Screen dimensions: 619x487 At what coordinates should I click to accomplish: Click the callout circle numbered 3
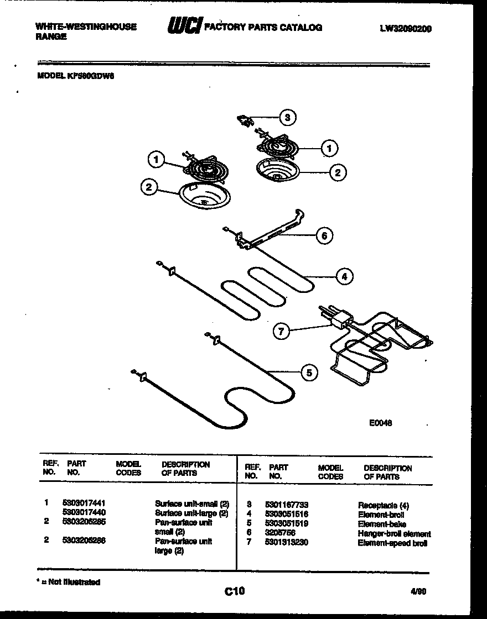pyautogui.click(x=286, y=117)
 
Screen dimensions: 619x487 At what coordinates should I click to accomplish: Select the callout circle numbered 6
pyautogui.click(x=324, y=235)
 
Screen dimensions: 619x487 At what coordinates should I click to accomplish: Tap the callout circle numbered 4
pyautogui.click(x=344, y=276)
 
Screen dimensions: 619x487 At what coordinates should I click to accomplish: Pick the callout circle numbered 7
pyautogui.click(x=281, y=332)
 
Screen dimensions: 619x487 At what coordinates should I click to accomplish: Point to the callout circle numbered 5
pyautogui.click(x=309, y=374)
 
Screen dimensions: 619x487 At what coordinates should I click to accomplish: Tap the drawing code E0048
pyautogui.click(x=381, y=423)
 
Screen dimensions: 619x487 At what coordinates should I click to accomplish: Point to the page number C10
pyautogui.click(x=235, y=591)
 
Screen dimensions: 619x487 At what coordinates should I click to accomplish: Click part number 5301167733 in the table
pyautogui.click(x=286, y=505)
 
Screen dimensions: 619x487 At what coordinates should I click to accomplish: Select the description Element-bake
pyautogui.click(x=382, y=524)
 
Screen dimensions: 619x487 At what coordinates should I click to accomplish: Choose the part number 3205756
pyautogui.click(x=280, y=533)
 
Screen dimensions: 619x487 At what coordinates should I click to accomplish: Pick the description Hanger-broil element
pyautogui.click(x=394, y=534)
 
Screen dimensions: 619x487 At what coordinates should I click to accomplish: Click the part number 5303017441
pyautogui.click(x=84, y=503)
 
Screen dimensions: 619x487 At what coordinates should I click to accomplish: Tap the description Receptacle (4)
pyautogui.click(x=384, y=505)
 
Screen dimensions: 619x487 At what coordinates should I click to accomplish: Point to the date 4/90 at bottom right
pyautogui.click(x=419, y=591)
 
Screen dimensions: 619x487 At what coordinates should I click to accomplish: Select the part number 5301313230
pyautogui.click(x=286, y=542)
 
